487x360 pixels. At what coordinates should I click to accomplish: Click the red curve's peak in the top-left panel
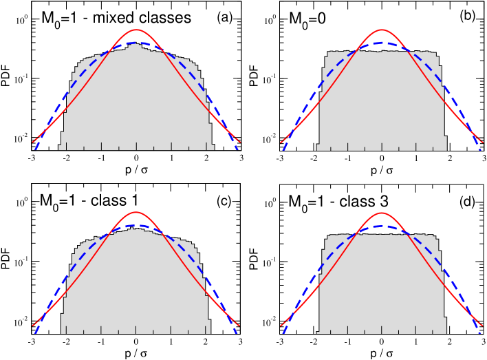(136, 30)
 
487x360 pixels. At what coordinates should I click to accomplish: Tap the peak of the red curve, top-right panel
(382, 30)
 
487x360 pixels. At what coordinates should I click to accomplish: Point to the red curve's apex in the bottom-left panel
(136, 212)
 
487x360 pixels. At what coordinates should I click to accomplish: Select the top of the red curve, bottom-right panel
(382, 213)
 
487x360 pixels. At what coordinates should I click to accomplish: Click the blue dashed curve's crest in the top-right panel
(382, 43)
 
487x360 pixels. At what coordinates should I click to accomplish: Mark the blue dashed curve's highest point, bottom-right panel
(382, 226)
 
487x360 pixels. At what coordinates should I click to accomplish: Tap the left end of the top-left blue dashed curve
(35, 149)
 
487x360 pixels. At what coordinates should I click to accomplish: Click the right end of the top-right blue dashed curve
(480, 149)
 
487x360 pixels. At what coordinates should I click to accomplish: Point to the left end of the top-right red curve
(281, 142)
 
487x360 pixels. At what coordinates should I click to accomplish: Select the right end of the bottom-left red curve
(239, 326)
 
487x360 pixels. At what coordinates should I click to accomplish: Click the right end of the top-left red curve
(239, 142)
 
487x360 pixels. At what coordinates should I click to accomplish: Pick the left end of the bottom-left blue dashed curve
(35, 333)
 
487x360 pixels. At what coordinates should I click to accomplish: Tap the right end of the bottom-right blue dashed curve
(480, 333)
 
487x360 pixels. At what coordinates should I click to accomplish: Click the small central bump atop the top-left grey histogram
(135, 45)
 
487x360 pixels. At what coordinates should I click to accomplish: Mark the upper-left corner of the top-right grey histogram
(328, 52)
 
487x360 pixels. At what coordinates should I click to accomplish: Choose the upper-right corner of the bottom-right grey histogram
(435, 236)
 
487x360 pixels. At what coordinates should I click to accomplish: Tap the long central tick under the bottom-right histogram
(382, 328)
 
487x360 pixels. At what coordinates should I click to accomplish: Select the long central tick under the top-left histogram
(136, 145)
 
